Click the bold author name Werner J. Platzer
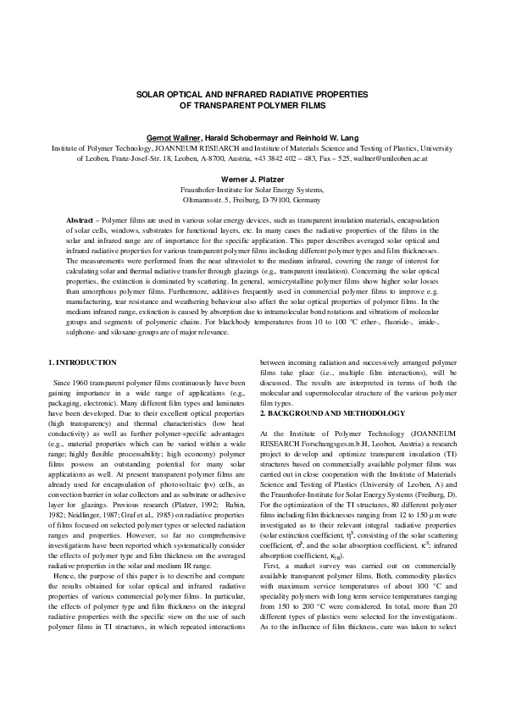252,180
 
